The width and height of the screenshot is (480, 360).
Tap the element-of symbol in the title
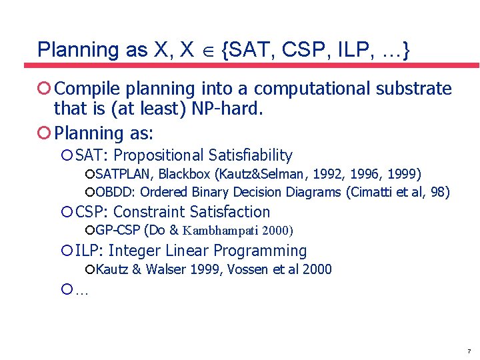click(206, 50)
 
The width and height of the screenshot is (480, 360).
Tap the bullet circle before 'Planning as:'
click(44, 133)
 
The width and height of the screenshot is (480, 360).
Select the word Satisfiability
click(250, 155)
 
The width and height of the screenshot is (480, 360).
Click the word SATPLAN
click(125, 174)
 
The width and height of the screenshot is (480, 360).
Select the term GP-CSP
click(113, 231)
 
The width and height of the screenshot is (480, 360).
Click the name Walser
click(166, 269)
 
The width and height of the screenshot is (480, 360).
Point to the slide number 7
click(469, 351)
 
